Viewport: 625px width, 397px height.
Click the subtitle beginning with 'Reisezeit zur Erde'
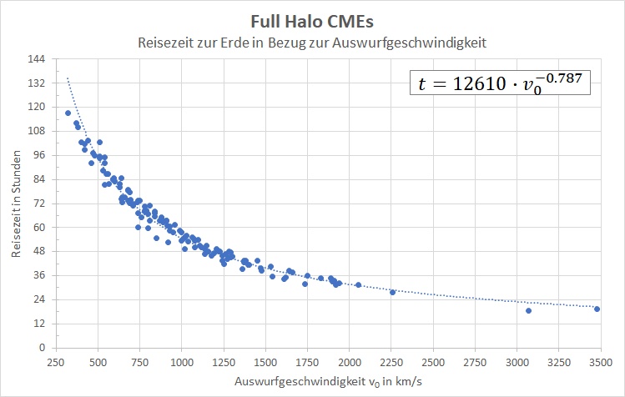[x=312, y=42]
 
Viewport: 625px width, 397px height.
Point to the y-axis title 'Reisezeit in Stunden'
[x=18, y=203]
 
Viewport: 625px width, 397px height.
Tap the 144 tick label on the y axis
[x=37, y=59]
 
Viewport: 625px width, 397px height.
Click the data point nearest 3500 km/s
[x=597, y=309]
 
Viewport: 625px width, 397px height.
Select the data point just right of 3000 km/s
[x=528, y=310]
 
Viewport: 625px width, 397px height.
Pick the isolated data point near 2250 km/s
[x=392, y=292]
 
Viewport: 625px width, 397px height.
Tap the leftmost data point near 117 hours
[x=68, y=113]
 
